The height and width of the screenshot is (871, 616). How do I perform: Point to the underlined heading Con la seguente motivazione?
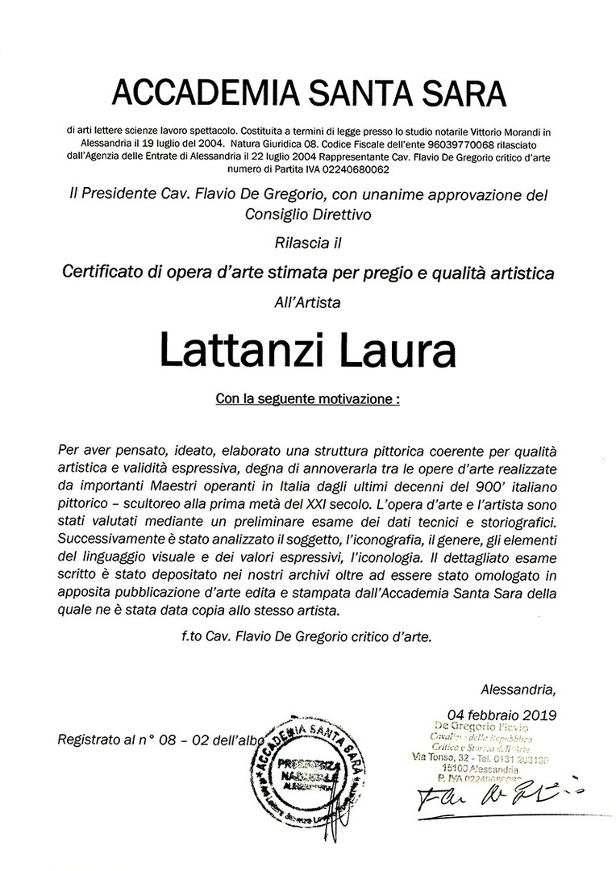(308, 398)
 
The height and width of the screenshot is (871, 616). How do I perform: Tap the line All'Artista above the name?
(308, 303)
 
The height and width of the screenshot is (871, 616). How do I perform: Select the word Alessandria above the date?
(518, 689)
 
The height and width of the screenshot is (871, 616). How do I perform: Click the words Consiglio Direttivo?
(308, 214)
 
